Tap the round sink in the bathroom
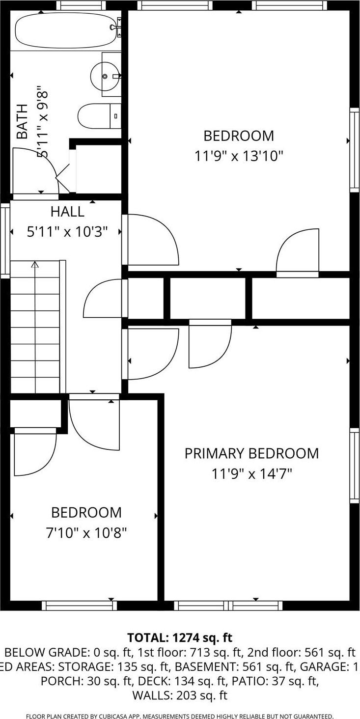click(x=105, y=76)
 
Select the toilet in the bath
click(x=97, y=116)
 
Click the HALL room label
click(x=67, y=212)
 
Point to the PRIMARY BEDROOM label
click(x=251, y=453)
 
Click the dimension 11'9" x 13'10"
click(x=239, y=156)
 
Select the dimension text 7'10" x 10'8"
click(x=86, y=532)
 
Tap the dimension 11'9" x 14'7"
click(x=251, y=474)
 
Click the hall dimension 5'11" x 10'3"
click(x=67, y=232)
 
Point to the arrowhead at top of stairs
click(x=35, y=265)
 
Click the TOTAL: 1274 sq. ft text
click(x=180, y=637)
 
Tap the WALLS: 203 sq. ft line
click(x=180, y=695)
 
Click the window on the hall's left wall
click(x=5, y=240)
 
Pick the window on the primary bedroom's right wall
click(x=354, y=465)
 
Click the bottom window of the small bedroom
click(x=79, y=606)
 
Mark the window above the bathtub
click(x=81, y=5)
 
